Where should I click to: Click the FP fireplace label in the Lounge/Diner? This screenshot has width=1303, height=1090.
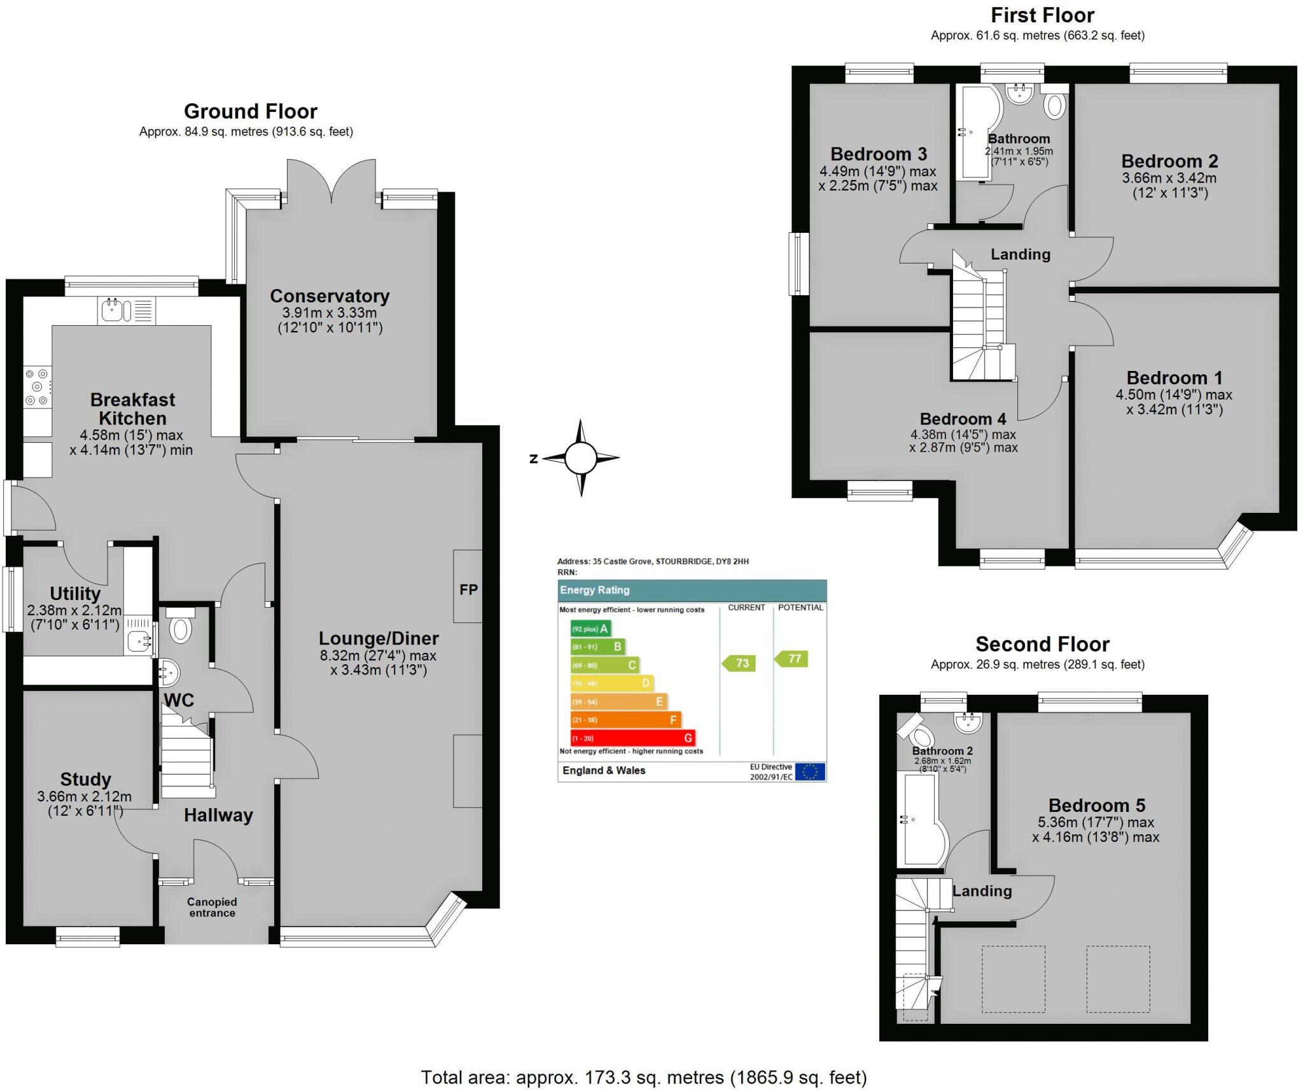468,590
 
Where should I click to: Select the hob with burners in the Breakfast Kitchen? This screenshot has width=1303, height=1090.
38,387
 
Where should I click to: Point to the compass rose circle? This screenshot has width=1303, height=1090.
580,458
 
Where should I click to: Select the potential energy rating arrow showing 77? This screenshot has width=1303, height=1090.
791,659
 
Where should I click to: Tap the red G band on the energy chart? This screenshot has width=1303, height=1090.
633,738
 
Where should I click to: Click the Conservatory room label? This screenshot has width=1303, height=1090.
330,296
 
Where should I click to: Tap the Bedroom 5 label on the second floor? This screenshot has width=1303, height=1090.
1096,805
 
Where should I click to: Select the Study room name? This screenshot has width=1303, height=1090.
85,779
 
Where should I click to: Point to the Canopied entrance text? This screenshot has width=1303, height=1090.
212,907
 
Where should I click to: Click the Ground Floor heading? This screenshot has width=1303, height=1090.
250,111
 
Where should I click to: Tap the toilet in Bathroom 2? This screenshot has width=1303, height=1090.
919,735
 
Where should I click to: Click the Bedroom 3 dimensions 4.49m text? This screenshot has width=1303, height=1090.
877,171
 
